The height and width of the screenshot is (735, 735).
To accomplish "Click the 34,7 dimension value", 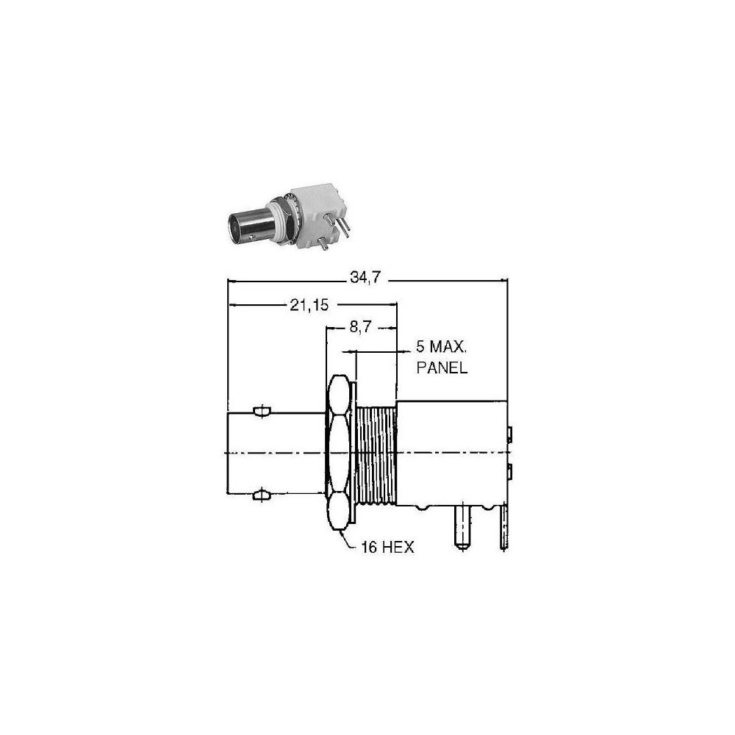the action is pos(365,278).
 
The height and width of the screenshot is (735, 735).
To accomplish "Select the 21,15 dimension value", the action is pos(309,306).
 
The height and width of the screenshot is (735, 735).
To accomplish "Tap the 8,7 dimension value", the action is pos(360,327).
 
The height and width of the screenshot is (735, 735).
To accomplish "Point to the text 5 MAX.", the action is pos(442,347).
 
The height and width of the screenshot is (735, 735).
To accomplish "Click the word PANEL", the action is pos(442,367).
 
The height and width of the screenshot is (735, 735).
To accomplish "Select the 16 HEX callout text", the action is pos(387,547).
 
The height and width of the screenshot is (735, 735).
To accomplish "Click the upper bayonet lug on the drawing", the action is pos(262,411).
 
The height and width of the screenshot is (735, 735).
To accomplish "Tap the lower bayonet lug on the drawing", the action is pos(262,495).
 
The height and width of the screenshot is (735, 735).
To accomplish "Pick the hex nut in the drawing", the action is pos(339,453).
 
